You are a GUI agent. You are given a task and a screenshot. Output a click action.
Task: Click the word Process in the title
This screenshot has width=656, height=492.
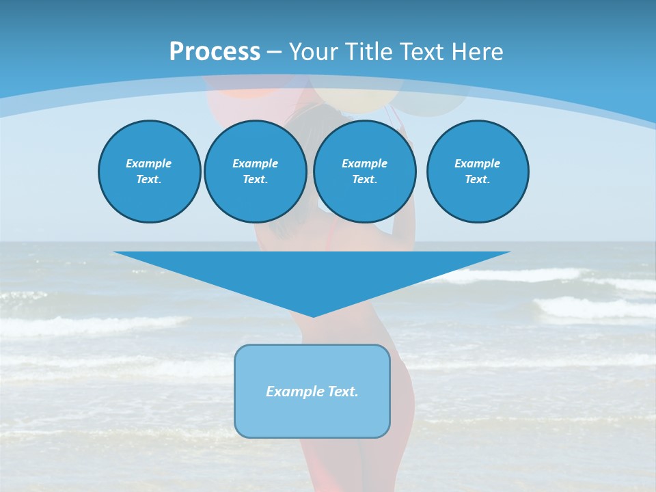tap(215, 52)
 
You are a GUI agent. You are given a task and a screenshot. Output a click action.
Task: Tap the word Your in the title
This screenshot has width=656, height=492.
tap(311, 52)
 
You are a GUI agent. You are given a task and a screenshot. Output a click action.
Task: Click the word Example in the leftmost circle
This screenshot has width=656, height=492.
tap(149, 163)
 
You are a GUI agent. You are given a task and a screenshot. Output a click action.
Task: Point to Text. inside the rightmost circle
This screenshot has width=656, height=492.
tap(477, 179)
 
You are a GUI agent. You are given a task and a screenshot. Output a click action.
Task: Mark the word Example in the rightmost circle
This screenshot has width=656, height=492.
tap(477, 163)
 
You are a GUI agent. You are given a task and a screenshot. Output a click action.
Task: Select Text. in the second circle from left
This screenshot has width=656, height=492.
tap(255, 179)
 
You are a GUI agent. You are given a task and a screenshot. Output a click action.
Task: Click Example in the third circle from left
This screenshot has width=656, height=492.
tap(364, 163)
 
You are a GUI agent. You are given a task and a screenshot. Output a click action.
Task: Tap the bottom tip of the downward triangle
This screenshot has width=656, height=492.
tap(313, 316)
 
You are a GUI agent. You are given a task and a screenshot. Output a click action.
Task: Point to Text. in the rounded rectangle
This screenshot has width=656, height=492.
tap(343, 392)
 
